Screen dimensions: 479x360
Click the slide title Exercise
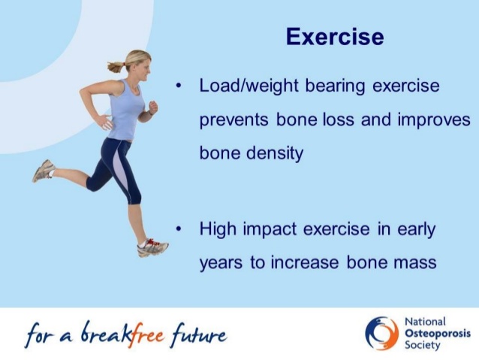tap(335, 37)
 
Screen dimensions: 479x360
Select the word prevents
tap(233, 120)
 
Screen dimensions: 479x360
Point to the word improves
tap(434, 120)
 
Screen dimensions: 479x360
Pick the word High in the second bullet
tap(218, 228)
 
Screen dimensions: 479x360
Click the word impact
tap(270, 229)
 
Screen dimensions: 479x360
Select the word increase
tap(304, 262)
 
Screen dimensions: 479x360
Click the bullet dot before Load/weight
tap(179, 86)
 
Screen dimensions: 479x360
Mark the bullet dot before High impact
tap(179, 228)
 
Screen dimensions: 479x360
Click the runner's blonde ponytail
tap(116, 67)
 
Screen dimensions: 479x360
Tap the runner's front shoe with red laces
tap(153, 247)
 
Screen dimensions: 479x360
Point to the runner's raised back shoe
tap(44, 171)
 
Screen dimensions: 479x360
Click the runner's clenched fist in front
tap(152, 107)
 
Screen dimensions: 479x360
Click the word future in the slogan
tap(199, 335)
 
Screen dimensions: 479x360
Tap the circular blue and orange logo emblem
tap(381, 334)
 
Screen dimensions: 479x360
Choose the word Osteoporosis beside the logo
tap(438, 334)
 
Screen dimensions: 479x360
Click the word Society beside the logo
tap(423, 345)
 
